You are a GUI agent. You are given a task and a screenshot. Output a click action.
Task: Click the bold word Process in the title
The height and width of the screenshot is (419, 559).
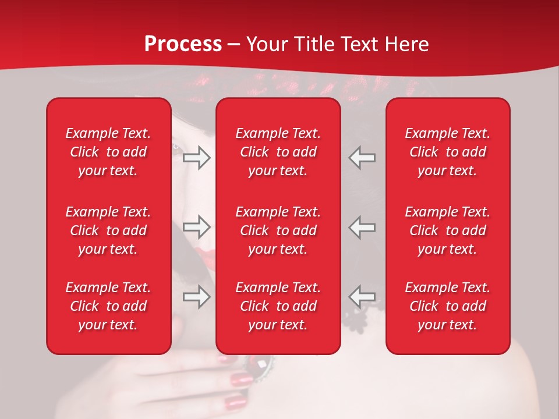(183, 44)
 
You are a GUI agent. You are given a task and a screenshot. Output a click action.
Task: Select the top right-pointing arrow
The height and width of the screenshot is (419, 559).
(197, 158)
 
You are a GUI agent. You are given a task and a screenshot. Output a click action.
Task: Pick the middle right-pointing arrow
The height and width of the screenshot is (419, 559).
(197, 227)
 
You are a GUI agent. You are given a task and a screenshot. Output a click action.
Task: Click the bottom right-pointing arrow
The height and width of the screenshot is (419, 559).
(197, 297)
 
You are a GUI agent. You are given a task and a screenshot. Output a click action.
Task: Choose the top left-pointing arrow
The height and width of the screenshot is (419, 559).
(362, 158)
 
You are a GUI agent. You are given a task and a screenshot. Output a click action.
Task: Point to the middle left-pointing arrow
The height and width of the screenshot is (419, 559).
(362, 227)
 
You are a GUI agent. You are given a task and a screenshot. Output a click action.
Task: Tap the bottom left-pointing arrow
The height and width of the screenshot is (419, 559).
(362, 297)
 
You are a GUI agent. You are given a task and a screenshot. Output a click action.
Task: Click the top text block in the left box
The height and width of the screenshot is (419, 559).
(108, 152)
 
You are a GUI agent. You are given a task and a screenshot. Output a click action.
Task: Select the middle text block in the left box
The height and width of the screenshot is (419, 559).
(108, 230)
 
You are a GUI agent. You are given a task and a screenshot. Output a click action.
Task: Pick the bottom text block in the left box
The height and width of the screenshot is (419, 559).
(108, 306)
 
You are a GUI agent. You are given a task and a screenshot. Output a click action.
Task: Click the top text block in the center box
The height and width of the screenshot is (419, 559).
(278, 152)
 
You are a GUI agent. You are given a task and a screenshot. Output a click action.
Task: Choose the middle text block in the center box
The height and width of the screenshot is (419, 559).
(278, 230)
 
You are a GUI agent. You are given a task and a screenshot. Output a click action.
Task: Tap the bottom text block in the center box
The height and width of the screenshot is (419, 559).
(278, 306)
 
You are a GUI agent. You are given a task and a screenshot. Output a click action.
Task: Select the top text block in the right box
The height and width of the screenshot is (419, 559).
(448, 152)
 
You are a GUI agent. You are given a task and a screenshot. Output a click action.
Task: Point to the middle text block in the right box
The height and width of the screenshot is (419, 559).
(448, 230)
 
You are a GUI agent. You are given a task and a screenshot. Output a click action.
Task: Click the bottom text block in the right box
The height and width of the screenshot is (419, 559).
(448, 306)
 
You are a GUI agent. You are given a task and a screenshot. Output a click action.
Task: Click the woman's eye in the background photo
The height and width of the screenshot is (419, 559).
(177, 147)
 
